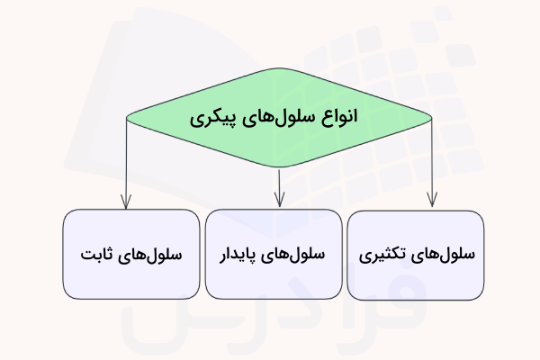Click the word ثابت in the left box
(97, 255)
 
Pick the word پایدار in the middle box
(235, 255)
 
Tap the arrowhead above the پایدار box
(280, 202)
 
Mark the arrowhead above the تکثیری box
(433, 202)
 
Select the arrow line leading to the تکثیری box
(433, 162)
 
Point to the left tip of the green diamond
(127, 117)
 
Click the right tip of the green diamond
(431, 117)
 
